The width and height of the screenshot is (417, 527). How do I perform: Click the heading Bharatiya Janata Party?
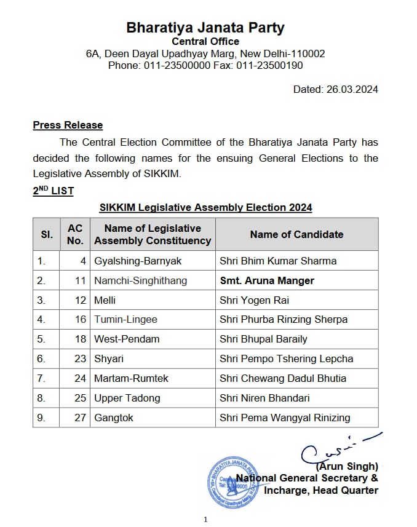click(x=205, y=28)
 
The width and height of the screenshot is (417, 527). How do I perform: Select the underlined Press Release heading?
click(x=68, y=125)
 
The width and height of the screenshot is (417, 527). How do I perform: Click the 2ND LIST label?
click(x=54, y=191)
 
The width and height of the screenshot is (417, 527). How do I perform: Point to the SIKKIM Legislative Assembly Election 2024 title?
click(x=205, y=207)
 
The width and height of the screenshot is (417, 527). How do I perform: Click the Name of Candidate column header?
click(x=296, y=234)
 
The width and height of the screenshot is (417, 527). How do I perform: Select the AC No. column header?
click(x=75, y=234)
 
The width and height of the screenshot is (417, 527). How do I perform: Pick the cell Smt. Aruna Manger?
click(x=267, y=280)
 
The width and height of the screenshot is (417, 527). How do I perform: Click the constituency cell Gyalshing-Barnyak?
click(x=138, y=261)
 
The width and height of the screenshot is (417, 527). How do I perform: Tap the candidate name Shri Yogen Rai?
click(x=254, y=300)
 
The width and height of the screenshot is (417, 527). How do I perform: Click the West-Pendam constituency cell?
click(x=127, y=339)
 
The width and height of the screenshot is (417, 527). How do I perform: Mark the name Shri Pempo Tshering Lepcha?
click(x=286, y=359)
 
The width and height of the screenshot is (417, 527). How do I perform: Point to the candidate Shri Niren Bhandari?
click(x=264, y=398)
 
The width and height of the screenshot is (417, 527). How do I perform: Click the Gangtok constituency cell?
click(x=114, y=418)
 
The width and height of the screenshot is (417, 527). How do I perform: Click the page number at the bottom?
click(x=205, y=520)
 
